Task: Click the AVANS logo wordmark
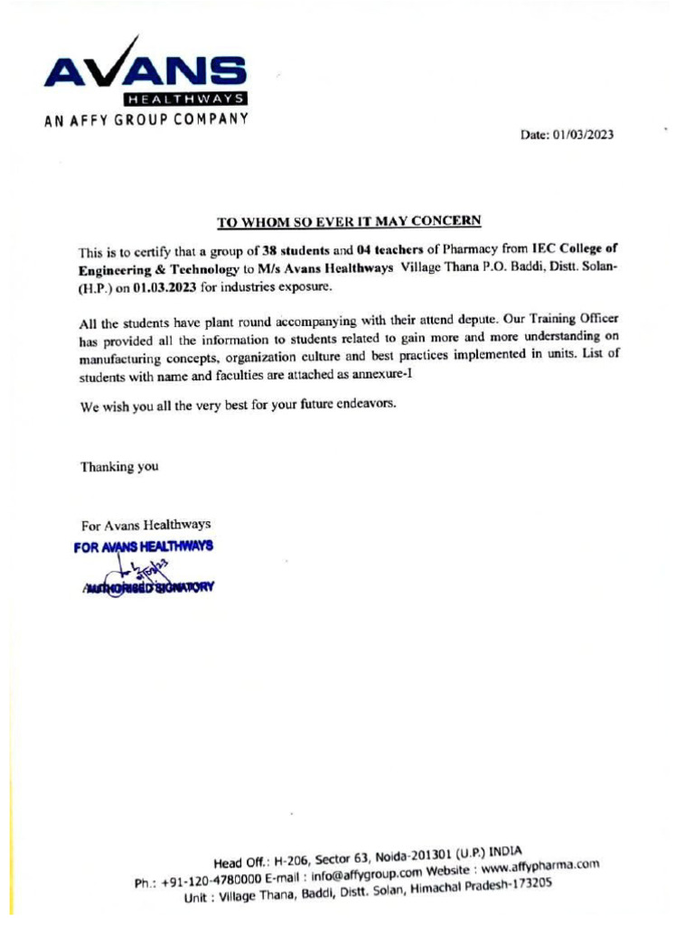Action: [x=144, y=71]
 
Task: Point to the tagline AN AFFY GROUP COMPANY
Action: [x=144, y=119]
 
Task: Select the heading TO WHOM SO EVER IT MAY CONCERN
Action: [x=349, y=220]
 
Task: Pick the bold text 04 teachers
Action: [x=390, y=249]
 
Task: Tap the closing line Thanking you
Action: [x=119, y=467]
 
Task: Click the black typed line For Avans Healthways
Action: [x=145, y=525]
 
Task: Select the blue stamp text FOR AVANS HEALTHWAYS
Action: [x=145, y=547]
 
